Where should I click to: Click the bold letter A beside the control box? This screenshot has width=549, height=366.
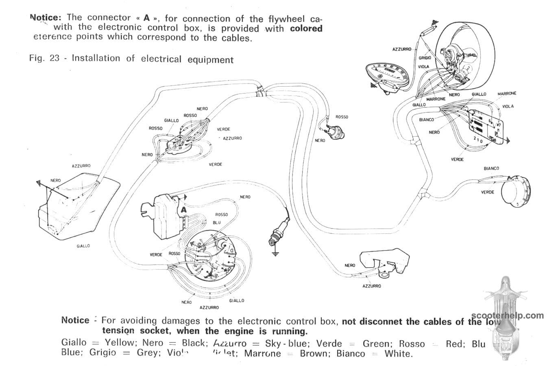click(x=183, y=209)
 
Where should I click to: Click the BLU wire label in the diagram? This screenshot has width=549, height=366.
click(x=217, y=222)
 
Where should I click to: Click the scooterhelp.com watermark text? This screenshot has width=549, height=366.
click(x=508, y=316)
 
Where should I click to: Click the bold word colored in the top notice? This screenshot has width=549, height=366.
click(x=306, y=28)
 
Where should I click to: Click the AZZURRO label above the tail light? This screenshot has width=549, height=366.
click(x=81, y=166)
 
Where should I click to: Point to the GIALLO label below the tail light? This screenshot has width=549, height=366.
click(x=83, y=246)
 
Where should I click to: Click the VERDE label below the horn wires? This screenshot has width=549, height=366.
click(x=488, y=192)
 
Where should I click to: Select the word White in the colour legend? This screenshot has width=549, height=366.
click(x=399, y=353)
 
